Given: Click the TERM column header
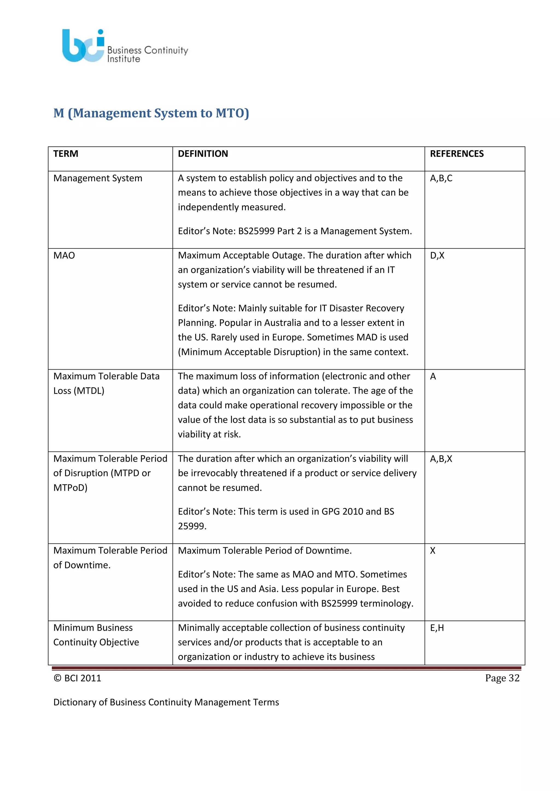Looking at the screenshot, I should [66, 154].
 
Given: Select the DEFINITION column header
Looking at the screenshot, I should [203, 154].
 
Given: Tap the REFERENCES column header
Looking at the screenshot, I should [457, 154].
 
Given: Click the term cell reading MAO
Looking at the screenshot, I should [64, 255].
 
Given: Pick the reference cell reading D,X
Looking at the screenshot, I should [437, 255].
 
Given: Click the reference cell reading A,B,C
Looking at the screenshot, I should [441, 178].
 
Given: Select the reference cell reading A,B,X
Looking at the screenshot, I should [441, 459].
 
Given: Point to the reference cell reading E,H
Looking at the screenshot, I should [437, 628].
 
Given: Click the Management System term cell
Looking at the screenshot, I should [98, 178].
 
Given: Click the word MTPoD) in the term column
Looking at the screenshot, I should [70, 488].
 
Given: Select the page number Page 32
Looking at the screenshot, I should [502, 678].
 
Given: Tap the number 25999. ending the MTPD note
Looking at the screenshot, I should [192, 526].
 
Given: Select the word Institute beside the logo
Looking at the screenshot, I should [123, 59].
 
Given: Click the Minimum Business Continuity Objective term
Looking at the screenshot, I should [96, 635].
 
